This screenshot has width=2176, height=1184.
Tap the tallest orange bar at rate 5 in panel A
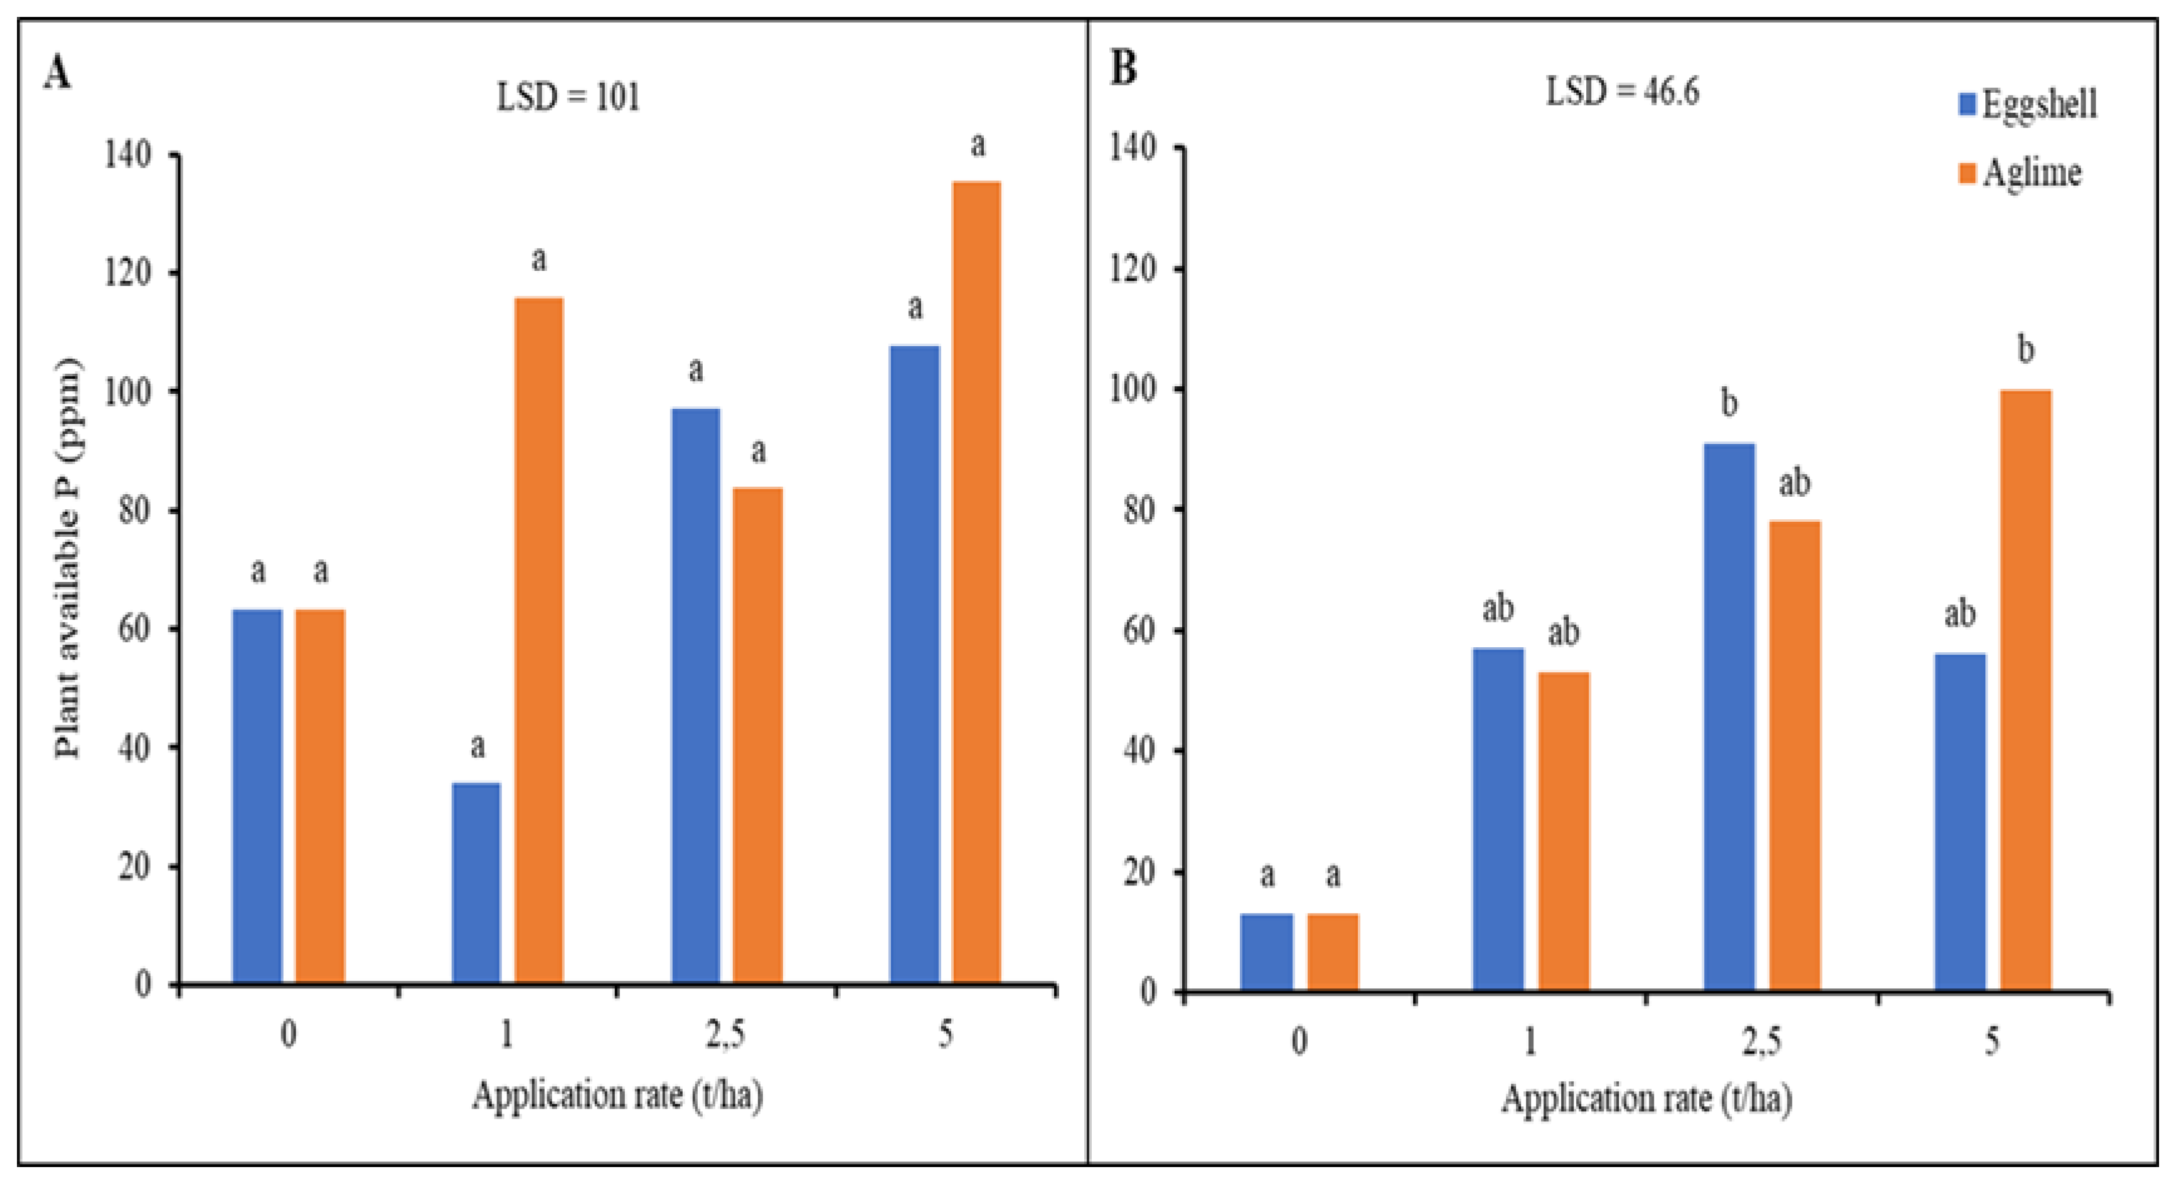976,583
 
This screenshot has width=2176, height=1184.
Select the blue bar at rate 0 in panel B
1266,952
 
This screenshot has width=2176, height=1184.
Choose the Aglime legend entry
2020,173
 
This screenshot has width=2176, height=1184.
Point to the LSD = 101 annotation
568,98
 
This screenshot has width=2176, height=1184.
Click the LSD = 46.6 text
1622,91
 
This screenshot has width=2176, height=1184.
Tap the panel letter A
58,73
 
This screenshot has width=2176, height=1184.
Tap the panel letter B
1124,68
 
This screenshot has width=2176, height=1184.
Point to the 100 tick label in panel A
127,392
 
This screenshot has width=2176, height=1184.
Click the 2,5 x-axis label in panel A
725,1033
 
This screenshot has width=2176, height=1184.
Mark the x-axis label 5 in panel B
1992,1040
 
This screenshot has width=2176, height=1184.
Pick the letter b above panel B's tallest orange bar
2025,349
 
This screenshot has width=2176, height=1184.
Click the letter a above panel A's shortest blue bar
477,746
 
